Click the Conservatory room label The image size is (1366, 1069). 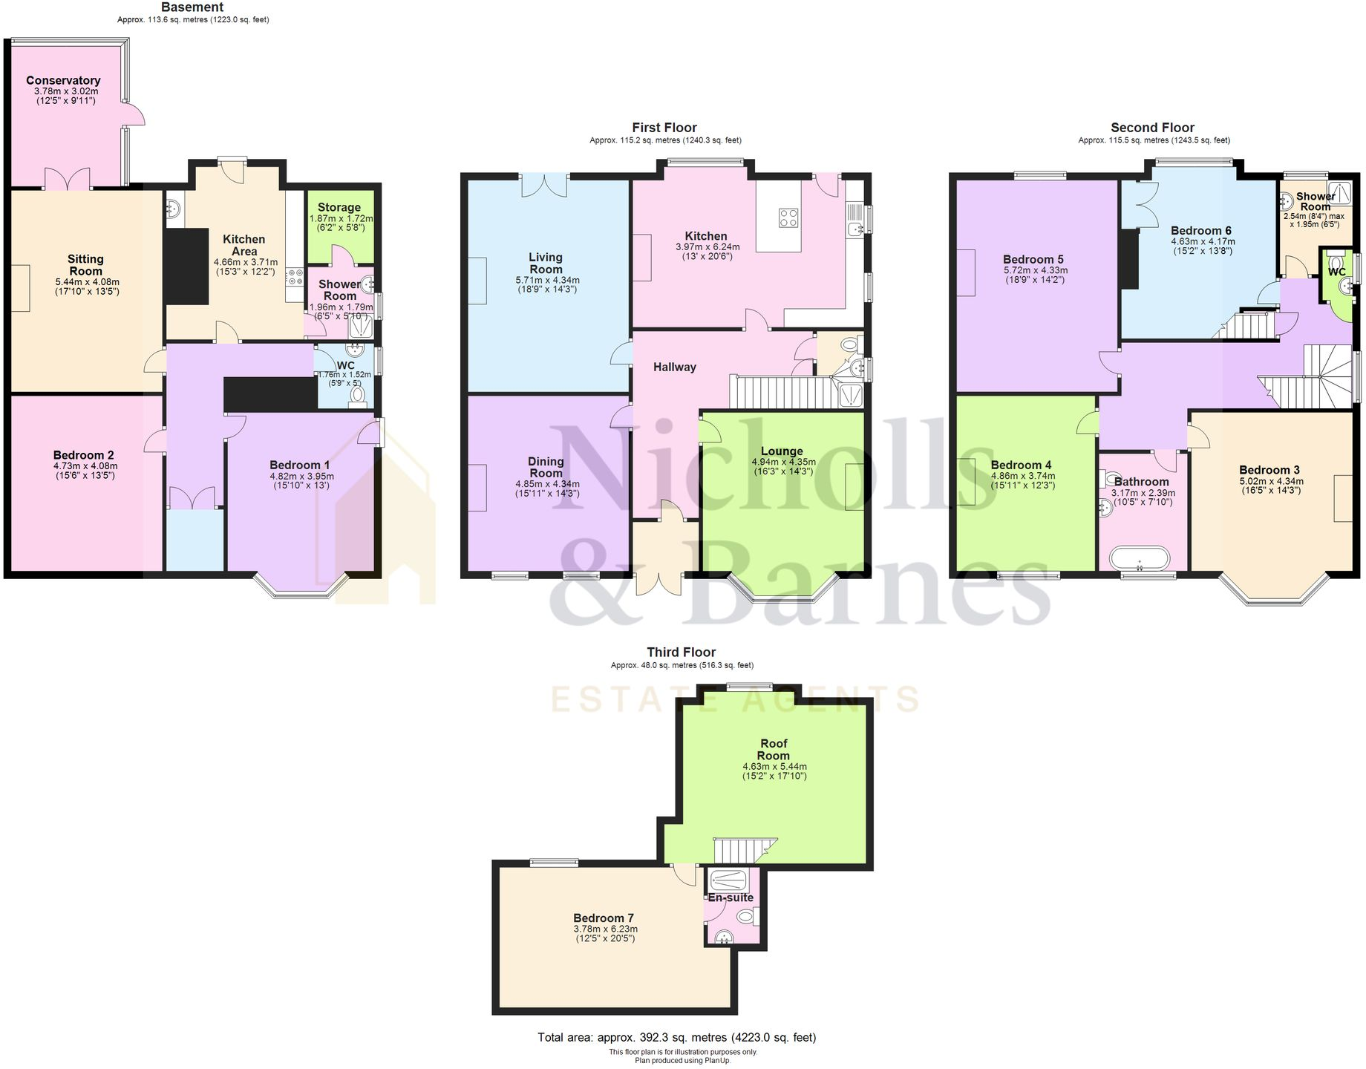click(63, 80)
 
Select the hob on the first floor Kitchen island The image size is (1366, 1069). click(788, 218)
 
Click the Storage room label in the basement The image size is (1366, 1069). click(339, 207)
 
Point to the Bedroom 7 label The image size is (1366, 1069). click(604, 918)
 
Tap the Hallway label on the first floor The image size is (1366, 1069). click(674, 367)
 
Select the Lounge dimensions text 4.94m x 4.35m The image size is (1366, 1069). click(782, 462)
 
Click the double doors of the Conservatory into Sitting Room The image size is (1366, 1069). click(67, 179)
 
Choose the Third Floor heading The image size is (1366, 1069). click(681, 652)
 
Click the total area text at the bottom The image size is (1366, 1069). click(676, 1037)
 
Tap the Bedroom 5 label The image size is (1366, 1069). click(1033, 259)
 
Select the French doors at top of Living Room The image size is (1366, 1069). click(545, 185)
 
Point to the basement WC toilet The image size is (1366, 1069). click(358, 395)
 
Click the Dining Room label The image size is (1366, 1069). click(546, 467)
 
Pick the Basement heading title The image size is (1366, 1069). click(192, 7)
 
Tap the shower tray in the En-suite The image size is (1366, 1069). click(728, 880)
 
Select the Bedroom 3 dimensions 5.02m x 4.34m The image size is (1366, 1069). click(1270, 481)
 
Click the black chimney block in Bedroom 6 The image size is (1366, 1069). click(1129, 259)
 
